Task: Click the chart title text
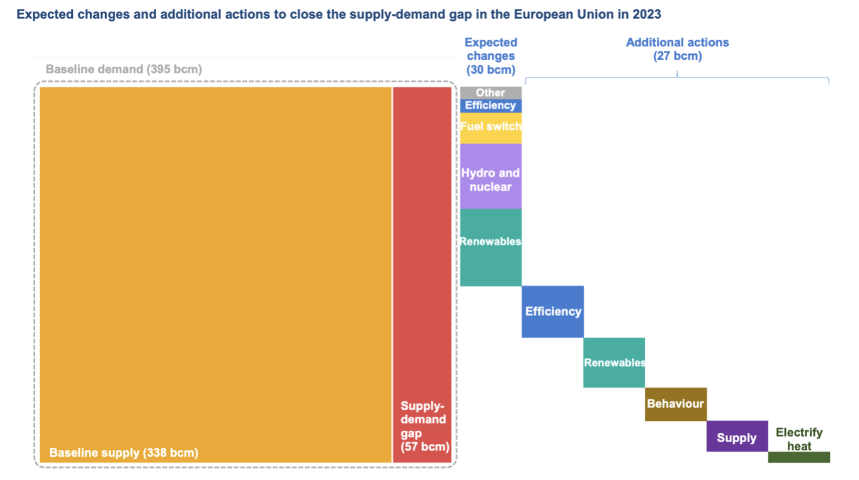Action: click(x=339, y=14)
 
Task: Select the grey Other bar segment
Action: click(x=491, y=93)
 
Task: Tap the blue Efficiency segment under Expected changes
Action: click(x=491, y=106)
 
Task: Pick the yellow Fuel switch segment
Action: click(x=491, y=128)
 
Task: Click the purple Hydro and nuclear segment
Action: click(x=491, y=176)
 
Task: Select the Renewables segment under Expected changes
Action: click(x=491, y=248)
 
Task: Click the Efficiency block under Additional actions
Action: click(x=552, y=312)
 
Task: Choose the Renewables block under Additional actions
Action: click(x=614, y=363)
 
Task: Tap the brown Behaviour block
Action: click(x=676, y=404)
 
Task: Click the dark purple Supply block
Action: click(x=737, y=437)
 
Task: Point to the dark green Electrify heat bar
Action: click(x=799, y=457)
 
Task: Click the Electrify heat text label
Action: click(x=799, y=439)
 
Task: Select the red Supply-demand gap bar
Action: click(x=422, y=275)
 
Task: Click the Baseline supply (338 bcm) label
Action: click(x=124, y=453)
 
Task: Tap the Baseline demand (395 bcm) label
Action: click(x=124, y=69)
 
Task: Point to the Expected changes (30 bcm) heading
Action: click(x=491, y=56)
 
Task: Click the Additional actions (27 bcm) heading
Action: click(x=677, y=49)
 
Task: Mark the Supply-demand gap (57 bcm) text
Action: click(x=424, y=426)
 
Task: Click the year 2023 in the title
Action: click(x=647, y=14)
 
